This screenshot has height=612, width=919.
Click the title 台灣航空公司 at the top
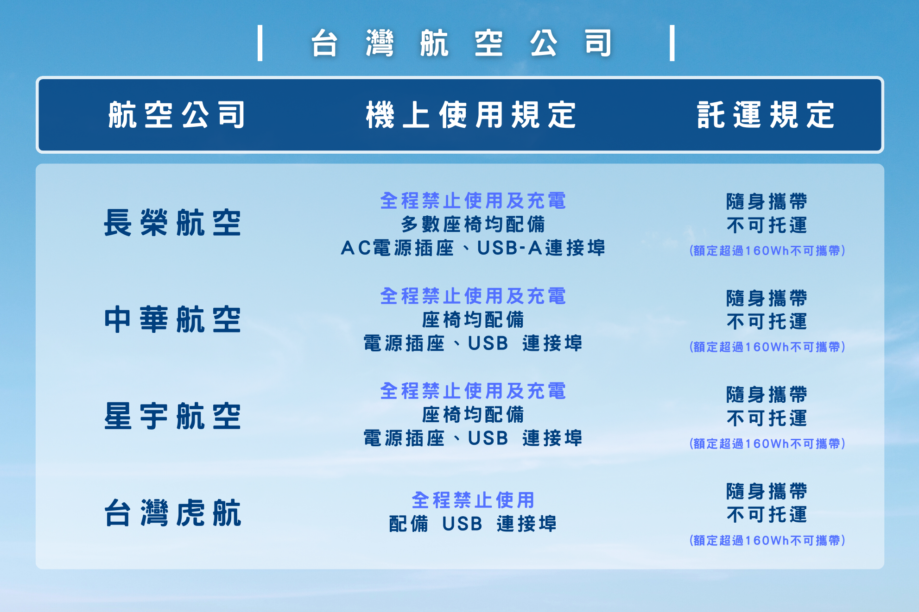tap(462, 43)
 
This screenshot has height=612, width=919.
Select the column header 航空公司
tap(177, 115)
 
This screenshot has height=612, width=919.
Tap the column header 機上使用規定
tap(471, 115)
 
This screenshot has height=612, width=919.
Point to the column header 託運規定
tap(766, 115)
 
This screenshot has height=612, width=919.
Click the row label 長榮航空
tap(172, 223)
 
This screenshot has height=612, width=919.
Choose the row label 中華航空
tap(172, 319)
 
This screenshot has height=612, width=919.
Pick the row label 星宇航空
tap(172, 416)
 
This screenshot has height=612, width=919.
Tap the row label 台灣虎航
tap(172, 512)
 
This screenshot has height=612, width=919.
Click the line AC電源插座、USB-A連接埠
tap(473, 248)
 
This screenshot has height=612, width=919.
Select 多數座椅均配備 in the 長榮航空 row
tap(473, 225)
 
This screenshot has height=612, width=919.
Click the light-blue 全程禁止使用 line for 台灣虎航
tap(473, 500)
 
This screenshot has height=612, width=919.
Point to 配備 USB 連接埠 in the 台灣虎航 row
tap(473, 524)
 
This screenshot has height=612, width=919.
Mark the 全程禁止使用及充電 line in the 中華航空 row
tap(473, 296)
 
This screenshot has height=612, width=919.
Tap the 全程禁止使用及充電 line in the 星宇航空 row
tap(473, 391)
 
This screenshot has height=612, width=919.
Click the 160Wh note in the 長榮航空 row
tap(767, 251)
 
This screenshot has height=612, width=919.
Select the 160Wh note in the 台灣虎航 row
tap(767, 540)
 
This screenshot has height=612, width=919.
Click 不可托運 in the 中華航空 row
tap(767, 322)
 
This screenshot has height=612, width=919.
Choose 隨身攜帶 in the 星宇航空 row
tap(767, 395)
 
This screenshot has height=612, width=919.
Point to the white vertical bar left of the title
tap(260, 43)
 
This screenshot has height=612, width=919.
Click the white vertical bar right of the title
tap(672, 43)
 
